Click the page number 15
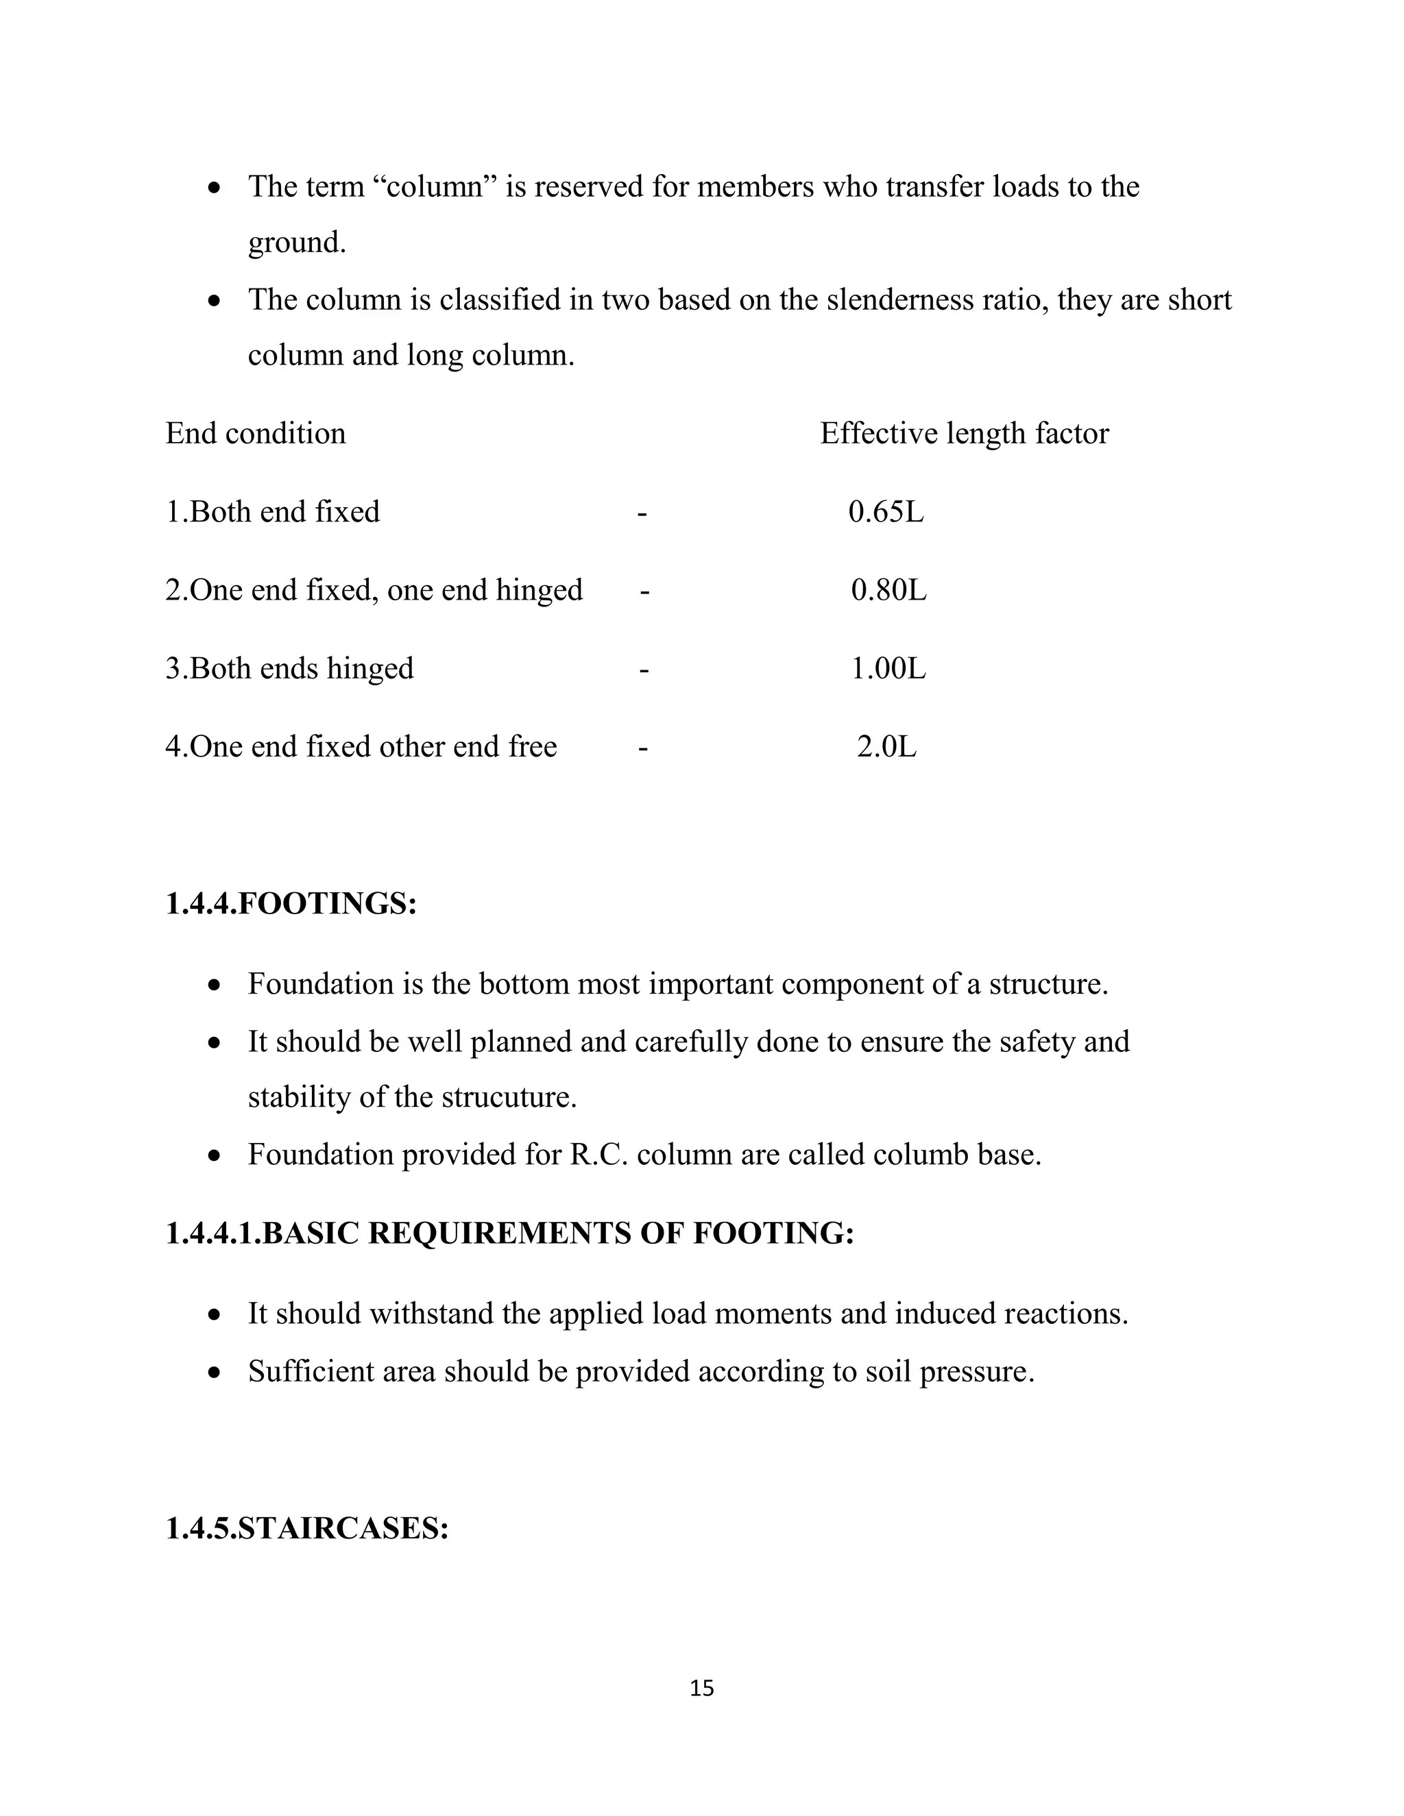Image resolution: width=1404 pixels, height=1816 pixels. click(x=701, y=1687)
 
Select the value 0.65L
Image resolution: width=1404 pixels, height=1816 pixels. click(x=886, y=511)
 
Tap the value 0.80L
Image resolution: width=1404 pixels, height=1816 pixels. click(x=888, y=589)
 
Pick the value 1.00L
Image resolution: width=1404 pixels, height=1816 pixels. click(x=888, y=667)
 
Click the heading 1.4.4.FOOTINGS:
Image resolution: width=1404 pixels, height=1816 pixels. click(x=291, y=904)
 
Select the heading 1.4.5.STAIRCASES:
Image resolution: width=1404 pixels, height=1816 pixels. click(x=307, y=1527)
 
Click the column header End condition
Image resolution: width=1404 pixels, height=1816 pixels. click(x=255, y=433)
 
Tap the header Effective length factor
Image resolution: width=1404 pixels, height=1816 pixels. click(x=964, y=433)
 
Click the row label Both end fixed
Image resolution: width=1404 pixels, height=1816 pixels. click(x=284, y=511)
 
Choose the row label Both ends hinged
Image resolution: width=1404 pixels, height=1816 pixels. click(x=300, y=667)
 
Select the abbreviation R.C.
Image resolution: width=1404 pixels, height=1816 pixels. click(x=599, y=1154)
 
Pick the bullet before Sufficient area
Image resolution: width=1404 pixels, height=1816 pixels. click(x=215, y=1371)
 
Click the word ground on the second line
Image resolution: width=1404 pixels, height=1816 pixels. click(x=295, y=243)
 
